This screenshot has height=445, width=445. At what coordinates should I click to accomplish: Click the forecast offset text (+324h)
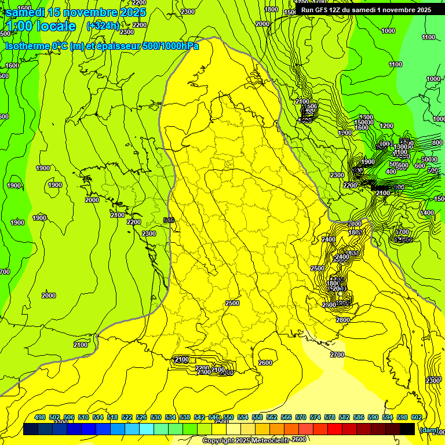(x=103, y=25)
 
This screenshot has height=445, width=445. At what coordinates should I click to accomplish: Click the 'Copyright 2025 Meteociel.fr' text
(x=246, y=441)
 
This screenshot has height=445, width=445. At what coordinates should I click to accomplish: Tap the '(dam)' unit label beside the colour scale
(x=429, y=430)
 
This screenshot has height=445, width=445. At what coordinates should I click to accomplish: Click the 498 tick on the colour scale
(x=40, y=417)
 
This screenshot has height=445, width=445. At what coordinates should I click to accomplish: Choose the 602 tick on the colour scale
(x=416, y=417)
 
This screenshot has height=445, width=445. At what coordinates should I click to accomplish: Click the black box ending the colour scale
(x=407, y=429)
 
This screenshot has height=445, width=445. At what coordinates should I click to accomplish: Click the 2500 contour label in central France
(x=232, y=303)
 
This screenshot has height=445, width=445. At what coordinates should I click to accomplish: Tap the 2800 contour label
(x=343, y=320)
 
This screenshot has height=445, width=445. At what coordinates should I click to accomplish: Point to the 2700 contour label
(x=337, y=355)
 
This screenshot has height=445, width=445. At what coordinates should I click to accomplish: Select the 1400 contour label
(x=427, y=213)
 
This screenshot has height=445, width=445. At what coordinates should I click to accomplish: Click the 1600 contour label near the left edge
(x=12, y=66)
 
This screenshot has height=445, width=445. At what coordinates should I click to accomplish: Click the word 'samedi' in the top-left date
(x=25, y=12)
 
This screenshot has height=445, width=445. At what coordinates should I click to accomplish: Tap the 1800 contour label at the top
(x=271, y=9)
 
